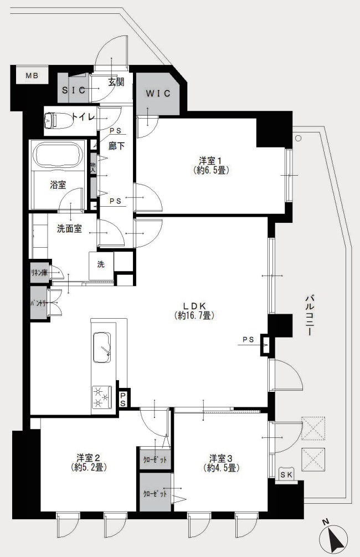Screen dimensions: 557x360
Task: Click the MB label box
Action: point(31,75)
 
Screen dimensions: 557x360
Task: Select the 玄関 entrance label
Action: point(116,82)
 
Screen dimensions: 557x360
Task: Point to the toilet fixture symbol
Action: point(54,120)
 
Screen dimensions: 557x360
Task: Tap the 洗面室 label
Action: point(69,228)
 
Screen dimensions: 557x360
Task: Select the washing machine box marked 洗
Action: point(101,264)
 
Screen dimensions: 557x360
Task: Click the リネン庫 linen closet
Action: point(38,273)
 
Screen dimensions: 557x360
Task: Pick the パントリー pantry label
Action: point(38,303)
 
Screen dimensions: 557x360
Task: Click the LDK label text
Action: point(195,305)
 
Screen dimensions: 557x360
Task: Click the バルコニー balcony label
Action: point(309,316)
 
